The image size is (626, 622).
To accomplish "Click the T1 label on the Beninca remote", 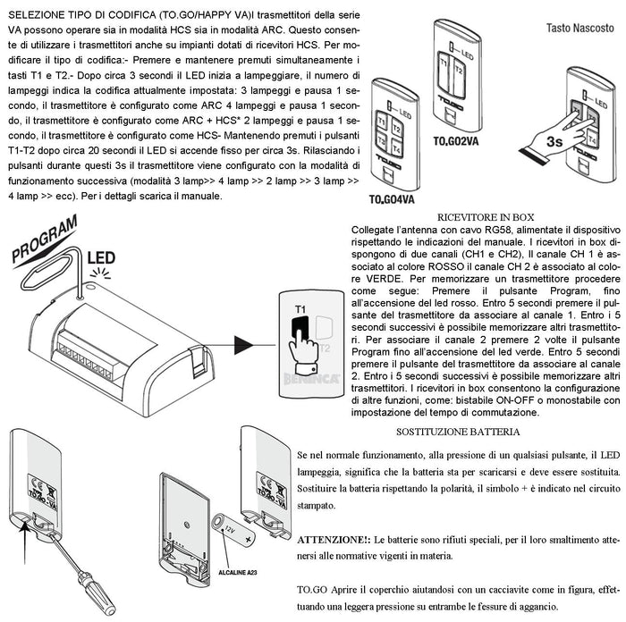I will [300, 335].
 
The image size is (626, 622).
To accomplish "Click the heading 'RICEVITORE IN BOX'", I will [486, 217].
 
